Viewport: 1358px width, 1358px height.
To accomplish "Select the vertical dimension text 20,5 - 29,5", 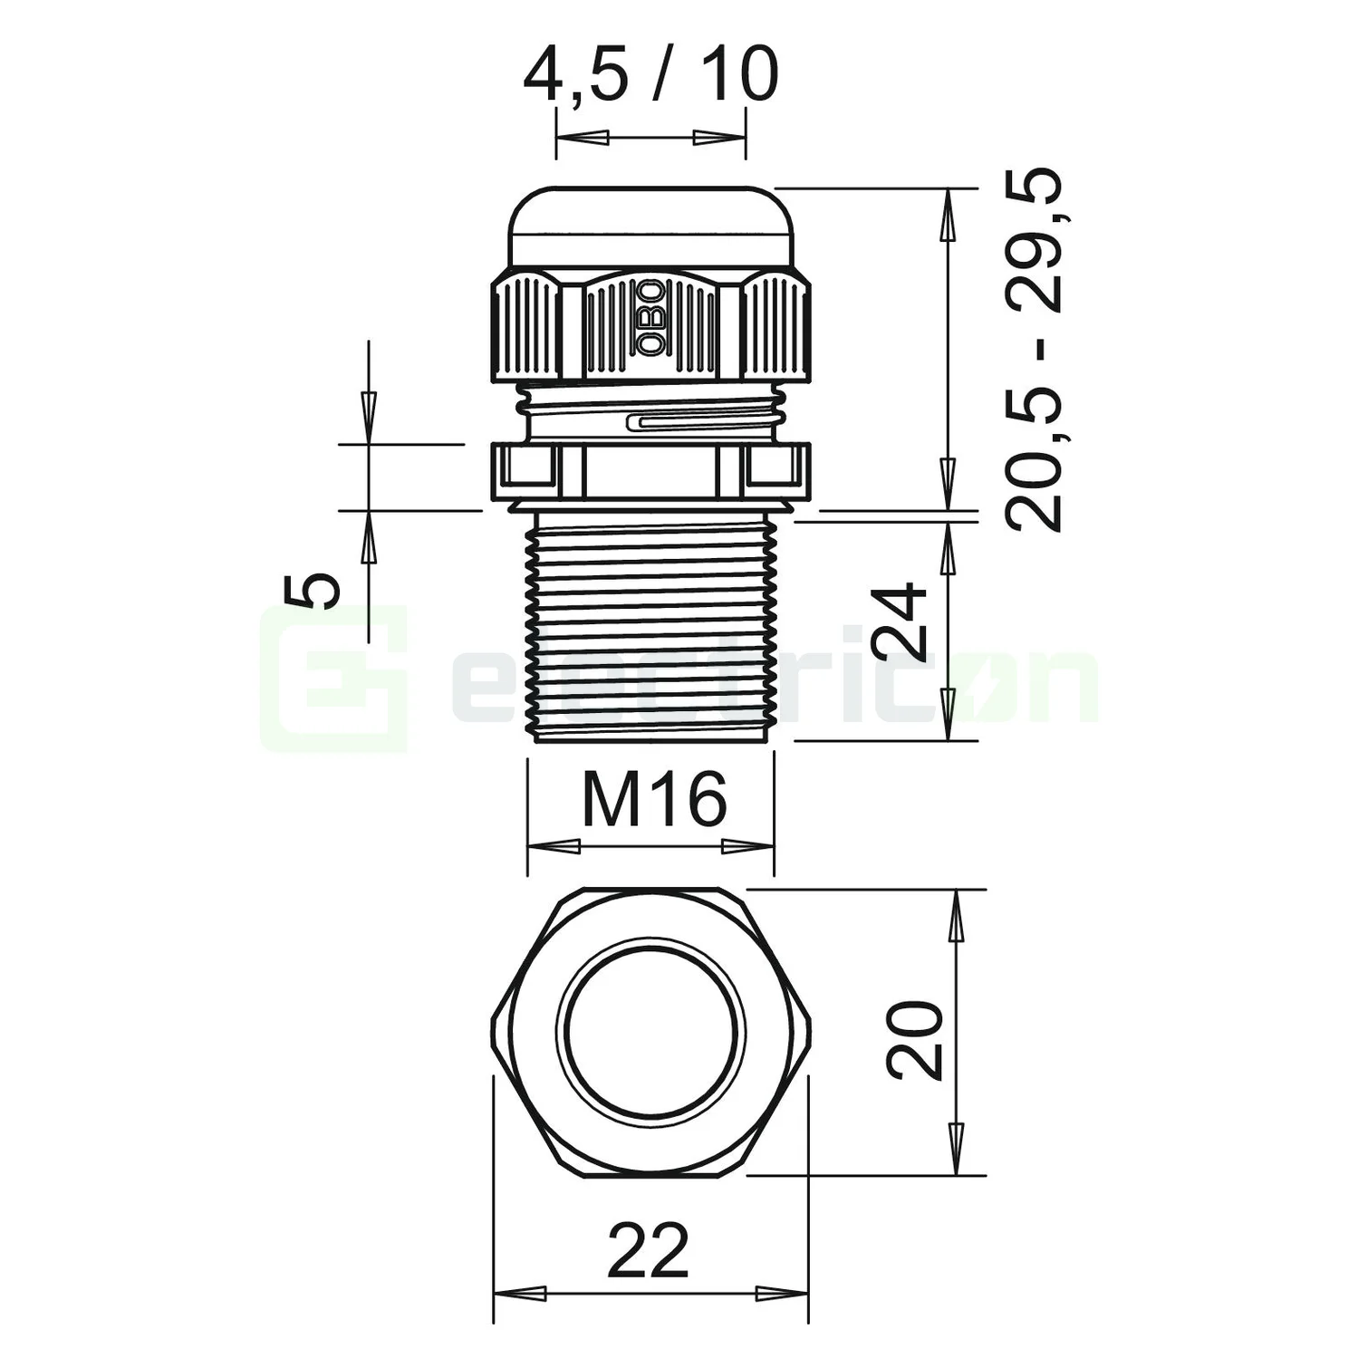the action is [x=1034, y=350].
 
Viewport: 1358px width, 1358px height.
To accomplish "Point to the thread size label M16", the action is [x=654, y=799].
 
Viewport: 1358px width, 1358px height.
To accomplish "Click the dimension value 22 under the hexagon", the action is [x=650, y=1249].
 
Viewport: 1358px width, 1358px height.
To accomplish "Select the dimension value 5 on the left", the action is [x=312, y=591].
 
